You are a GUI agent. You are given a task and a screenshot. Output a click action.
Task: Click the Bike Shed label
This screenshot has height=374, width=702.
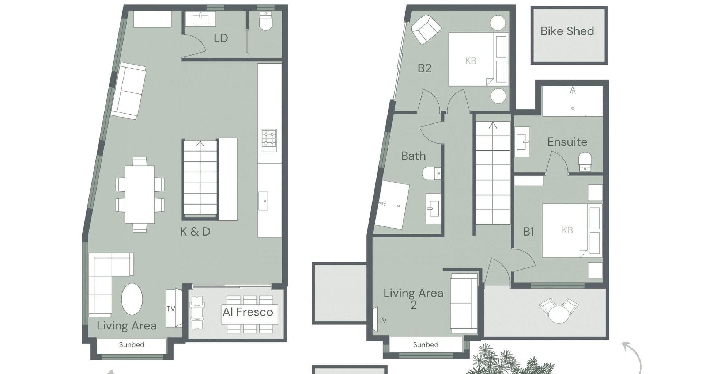click(567, 31)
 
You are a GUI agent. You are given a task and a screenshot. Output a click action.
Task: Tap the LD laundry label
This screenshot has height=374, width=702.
click(221, 38)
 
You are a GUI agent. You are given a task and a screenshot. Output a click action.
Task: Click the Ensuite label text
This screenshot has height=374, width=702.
click(567, 142)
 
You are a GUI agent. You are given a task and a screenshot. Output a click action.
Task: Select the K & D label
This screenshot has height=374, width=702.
click(195, 232)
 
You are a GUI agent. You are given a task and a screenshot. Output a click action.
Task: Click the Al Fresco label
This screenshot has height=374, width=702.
click(248, 312)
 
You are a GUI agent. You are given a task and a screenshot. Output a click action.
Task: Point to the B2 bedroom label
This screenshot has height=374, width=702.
click(424, 68)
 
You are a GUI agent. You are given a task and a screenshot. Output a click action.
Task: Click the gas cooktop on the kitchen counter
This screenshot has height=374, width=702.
click(269, 140)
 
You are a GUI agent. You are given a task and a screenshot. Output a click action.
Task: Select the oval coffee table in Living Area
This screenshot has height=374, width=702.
click(132, 299)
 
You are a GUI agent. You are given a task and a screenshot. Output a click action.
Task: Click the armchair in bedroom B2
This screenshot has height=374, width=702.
click(426, 30)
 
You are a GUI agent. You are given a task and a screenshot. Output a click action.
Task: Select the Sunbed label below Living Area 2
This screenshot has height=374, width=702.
click(426, 344)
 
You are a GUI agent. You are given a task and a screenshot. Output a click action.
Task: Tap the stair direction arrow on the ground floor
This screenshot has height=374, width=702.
click(200, 144)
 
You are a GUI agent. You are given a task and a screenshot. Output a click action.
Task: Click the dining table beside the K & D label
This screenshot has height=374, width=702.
click(140, 194)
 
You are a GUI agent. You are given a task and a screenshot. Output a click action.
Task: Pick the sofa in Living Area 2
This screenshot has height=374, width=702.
click(464, 303)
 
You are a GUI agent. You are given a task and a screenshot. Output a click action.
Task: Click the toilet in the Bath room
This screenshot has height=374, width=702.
click(431, 173)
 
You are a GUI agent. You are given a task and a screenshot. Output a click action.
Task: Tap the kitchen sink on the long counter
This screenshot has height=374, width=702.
click(263, 201)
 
